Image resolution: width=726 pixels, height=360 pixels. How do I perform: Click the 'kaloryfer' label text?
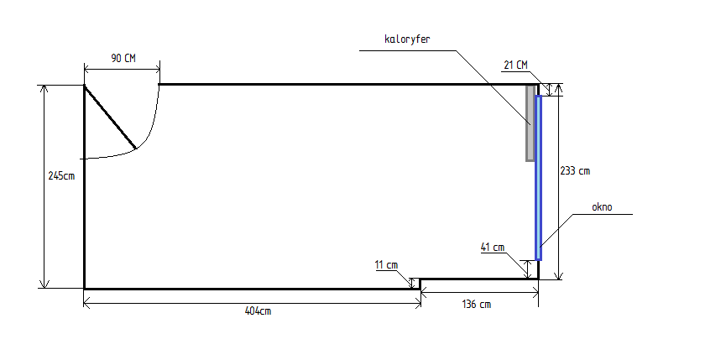pos(407,39)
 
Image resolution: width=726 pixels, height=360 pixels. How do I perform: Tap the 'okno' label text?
pos(602,206)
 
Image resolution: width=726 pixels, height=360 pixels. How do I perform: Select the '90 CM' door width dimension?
pos(123,58)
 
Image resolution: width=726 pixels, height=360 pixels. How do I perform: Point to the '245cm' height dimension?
pos(61,176)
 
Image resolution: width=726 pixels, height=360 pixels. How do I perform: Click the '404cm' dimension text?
pos(258,311)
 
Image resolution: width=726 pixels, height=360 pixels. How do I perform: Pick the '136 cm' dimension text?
pos(477,305)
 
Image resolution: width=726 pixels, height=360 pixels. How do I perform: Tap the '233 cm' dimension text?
pos(575,170)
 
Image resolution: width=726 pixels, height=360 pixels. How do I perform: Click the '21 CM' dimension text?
pos(515,65)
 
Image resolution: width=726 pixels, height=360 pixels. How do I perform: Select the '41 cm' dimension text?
pos(493,248)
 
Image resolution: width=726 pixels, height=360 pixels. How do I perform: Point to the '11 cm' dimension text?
pos(387,265)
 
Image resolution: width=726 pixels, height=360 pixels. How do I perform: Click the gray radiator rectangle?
pos(530,123)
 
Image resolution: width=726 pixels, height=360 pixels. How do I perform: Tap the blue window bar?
pos(539,178)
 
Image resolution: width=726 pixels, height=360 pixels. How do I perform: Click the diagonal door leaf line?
pos(110,117)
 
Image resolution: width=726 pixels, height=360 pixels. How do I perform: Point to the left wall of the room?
pos(84,187)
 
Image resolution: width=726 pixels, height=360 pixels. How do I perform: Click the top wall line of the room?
pos(348,84)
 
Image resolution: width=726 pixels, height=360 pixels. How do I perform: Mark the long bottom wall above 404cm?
pos(252,289)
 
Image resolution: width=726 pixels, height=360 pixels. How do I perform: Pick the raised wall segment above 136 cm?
pos(479,279)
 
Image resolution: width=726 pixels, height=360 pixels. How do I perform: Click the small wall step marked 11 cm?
pos(420,284)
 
